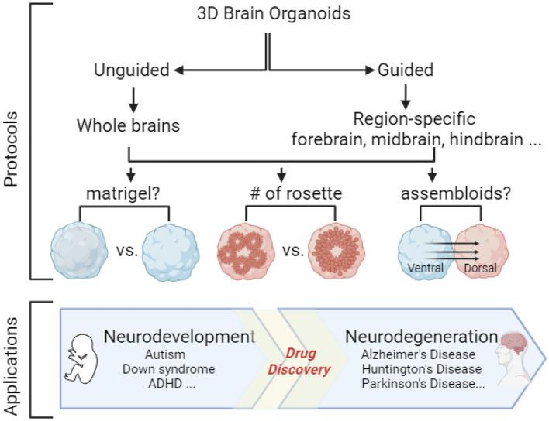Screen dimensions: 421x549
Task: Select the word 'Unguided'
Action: [x=131, y=70]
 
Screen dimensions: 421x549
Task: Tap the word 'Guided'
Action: [x=406, y=70]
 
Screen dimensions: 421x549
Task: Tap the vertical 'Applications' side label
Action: [x=11, y=360]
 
